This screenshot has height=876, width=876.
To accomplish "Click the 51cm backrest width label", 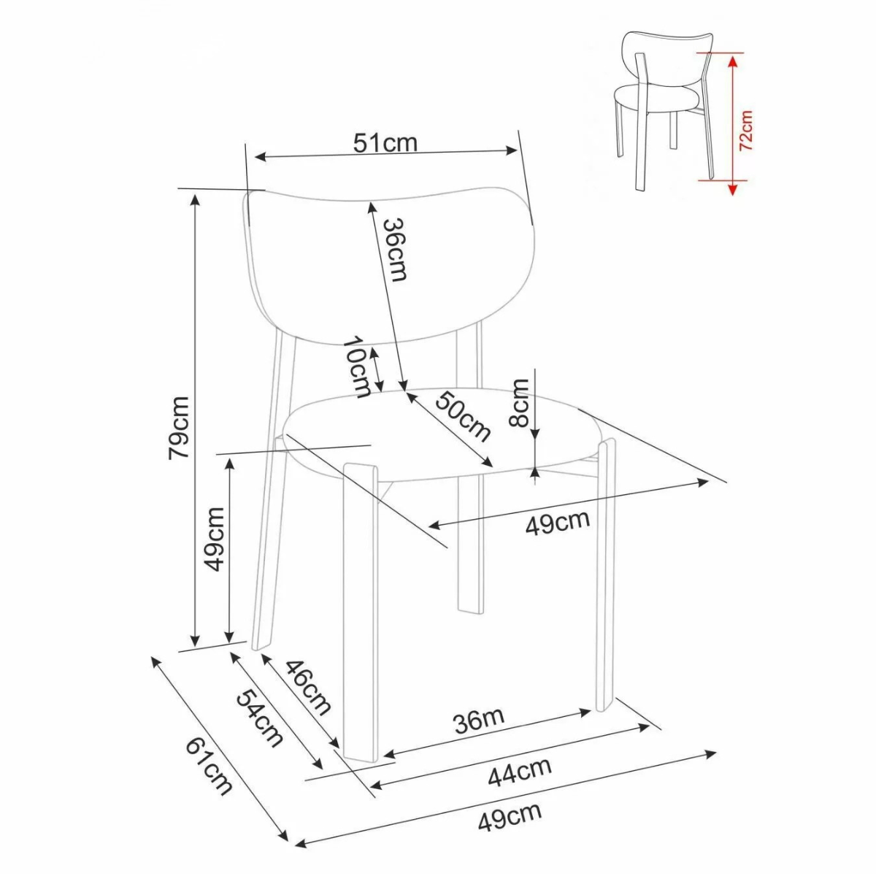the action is (x=385, y=143).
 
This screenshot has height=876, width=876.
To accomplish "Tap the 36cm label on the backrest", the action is (x=393, y=250).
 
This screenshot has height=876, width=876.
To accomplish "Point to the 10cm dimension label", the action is (x=357, y=367).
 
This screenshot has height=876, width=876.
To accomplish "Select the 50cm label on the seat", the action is (x=463, y=415).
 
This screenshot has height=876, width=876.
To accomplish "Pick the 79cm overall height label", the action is (x=179, y=428).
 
